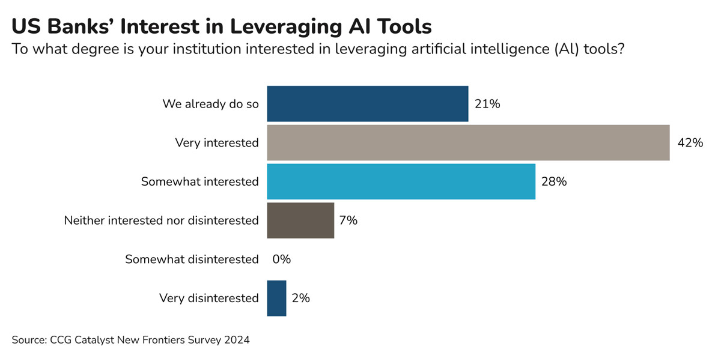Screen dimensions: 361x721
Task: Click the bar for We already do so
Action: click(x=367, y=104)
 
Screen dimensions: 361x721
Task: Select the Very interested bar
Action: click(x=468, y=143)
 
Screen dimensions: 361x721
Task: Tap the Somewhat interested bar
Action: click(x=401, y=181)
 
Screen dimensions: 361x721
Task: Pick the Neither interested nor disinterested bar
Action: click(x=300, y=220)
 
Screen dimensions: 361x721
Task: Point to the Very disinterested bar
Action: click(x=276, y=298)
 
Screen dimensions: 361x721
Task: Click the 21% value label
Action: click(x=487, y=104)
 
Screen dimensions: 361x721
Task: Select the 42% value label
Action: click(x=690, y=143)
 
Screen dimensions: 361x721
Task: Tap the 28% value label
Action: click(x=554, y=181)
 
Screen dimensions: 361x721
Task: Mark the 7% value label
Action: click(x=348, y=220)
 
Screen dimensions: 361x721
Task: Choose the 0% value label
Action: click(x=281, y=259)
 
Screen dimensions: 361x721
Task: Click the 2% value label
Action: click(x=300, y=298)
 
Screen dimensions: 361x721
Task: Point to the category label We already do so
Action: click(x=210, y=104)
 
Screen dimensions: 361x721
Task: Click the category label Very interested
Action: click(x=217, y=143)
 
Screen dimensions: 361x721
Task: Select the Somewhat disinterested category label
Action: click(x=192, y=259)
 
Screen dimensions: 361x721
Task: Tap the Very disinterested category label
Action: click(x=208, y=298)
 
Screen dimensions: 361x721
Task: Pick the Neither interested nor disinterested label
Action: click(x=161, y=220)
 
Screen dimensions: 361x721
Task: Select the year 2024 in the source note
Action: click(x=237, y=340)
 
